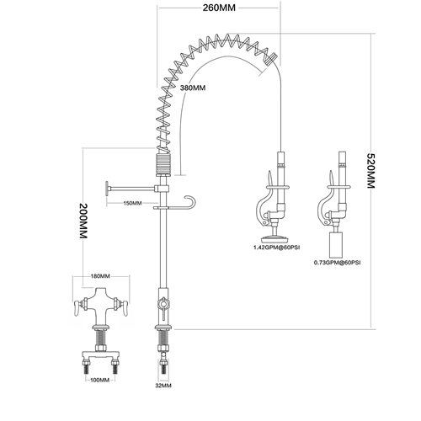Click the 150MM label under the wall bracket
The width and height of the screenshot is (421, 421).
[131, 203]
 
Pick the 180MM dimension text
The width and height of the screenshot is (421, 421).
[100, 276]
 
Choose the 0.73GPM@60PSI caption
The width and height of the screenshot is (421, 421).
[337, 263]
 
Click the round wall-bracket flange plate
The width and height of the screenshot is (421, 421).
[105, 189]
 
